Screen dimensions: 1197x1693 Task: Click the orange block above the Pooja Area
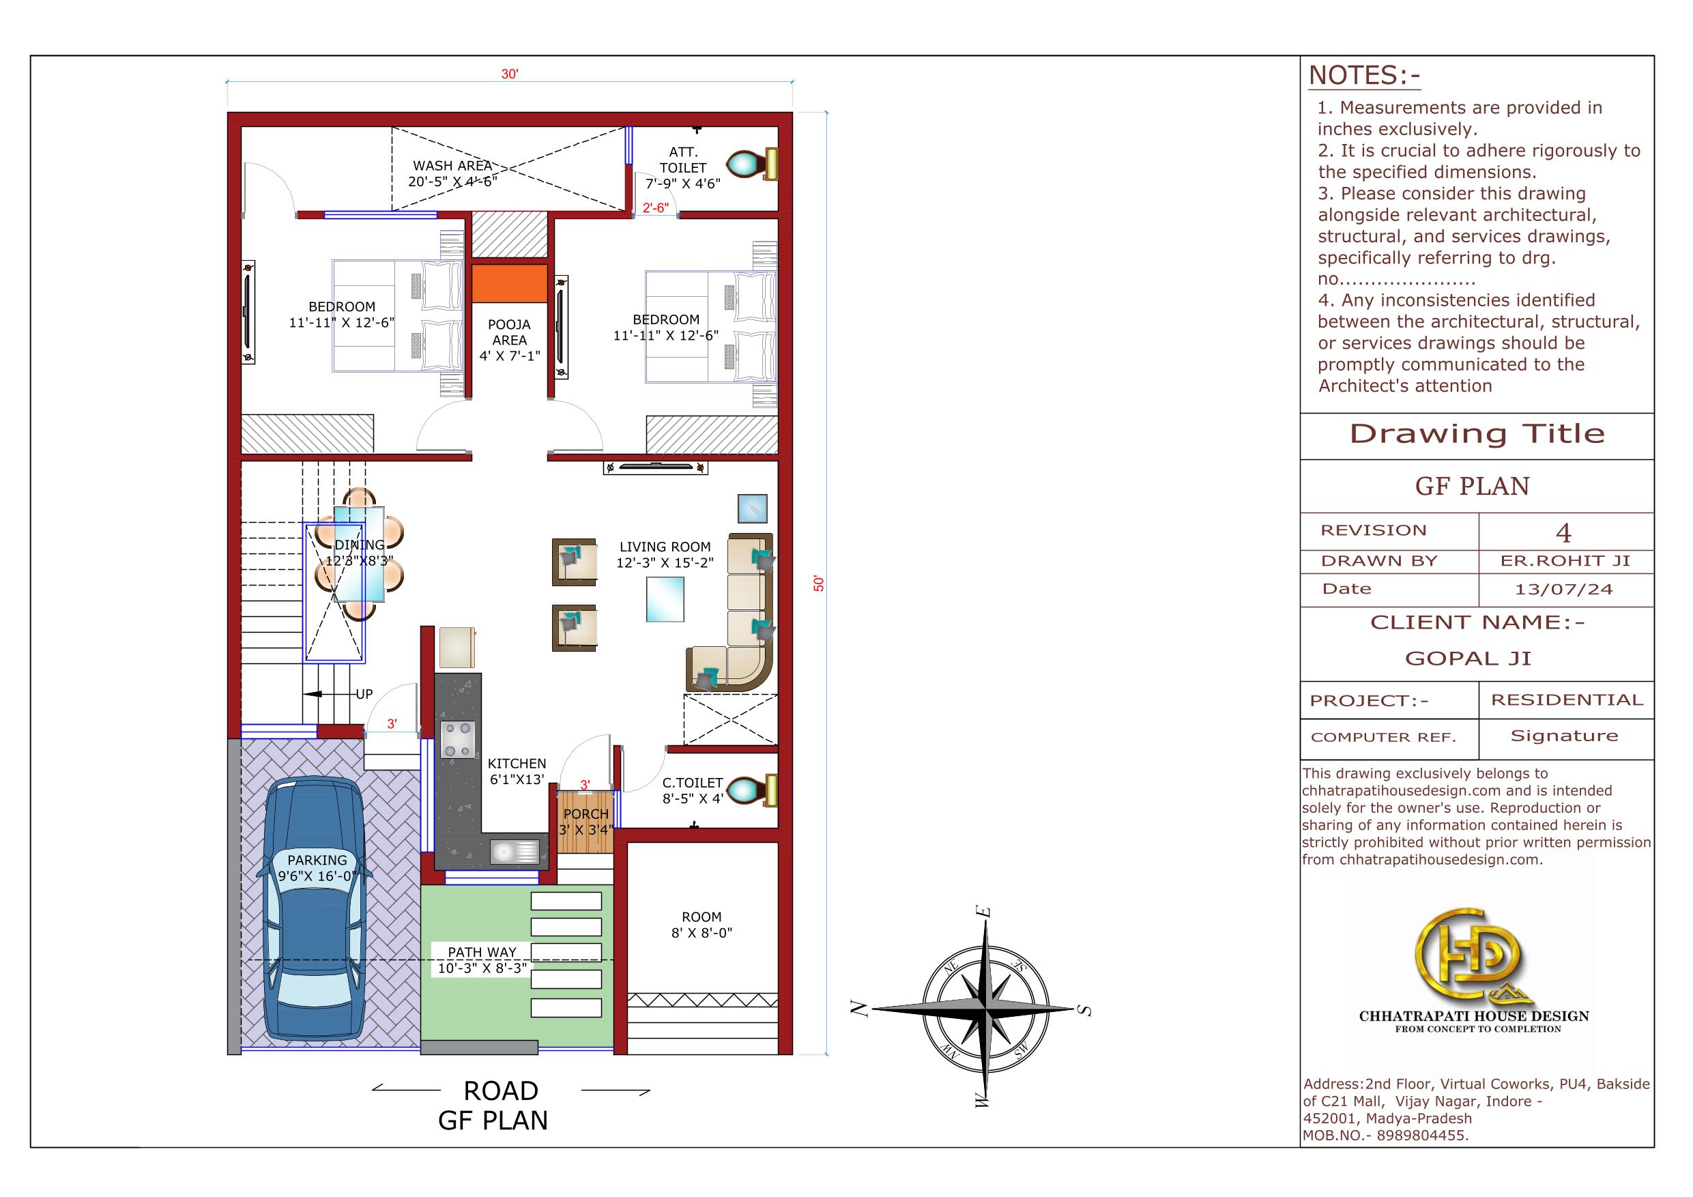(509, 283)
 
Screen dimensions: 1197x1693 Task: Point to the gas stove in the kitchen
(457, 740)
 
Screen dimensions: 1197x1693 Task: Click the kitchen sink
(514, 852)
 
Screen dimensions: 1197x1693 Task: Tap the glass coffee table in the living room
(665, 600)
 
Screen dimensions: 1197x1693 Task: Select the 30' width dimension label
(510, 74)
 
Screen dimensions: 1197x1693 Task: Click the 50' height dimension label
(818, 583)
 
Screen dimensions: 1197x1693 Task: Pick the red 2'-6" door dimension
(655, 208)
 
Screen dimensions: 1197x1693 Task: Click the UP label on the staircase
(364, 694)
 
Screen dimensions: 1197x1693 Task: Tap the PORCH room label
(585, 813)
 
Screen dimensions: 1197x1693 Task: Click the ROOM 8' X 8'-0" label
(701, 925)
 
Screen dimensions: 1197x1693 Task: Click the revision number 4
(1563, 532)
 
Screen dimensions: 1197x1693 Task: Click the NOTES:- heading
(1363, 76)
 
